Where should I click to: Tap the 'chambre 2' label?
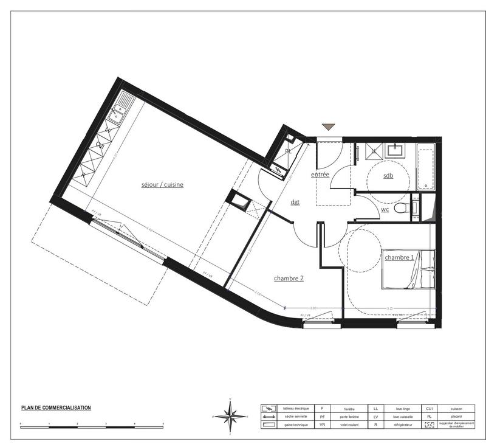coord(288,278)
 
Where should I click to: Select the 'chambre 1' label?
coord(399,257)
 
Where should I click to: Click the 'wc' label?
coord(385,209)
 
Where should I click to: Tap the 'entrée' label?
coord(320,175)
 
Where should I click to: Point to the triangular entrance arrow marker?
coord(329,127)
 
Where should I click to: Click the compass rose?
coord(230,416)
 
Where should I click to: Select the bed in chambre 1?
coord(410,269)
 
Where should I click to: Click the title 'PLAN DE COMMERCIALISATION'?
coord(56,408)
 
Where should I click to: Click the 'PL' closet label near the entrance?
coord(287,151)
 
